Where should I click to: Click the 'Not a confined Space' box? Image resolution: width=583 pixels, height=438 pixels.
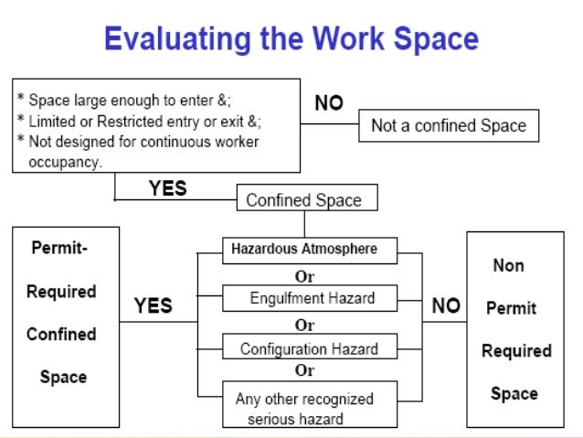[x=449, y=126]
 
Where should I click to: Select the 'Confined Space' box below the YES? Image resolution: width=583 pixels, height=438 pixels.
[x=303, y=199]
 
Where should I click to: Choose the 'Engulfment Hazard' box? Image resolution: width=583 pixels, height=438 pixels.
[x=312, y=298]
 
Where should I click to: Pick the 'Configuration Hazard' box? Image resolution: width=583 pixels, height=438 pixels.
[x=308, y=348]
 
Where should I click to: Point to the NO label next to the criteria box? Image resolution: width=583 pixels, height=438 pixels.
[x=329, y=104]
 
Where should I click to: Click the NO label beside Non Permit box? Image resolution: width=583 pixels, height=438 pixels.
[x=446, y=305]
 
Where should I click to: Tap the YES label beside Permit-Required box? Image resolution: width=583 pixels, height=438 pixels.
[x=154, y=305]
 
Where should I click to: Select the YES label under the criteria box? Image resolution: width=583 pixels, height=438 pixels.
[x=167, y=188]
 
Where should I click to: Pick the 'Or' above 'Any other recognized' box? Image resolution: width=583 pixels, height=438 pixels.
[x=304, y=371]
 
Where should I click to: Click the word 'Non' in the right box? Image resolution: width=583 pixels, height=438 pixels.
[x=508, y=265]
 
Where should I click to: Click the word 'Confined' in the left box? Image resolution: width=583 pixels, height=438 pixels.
[x=61, y=334]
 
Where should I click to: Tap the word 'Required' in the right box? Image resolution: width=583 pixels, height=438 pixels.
[x=516, y=351]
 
